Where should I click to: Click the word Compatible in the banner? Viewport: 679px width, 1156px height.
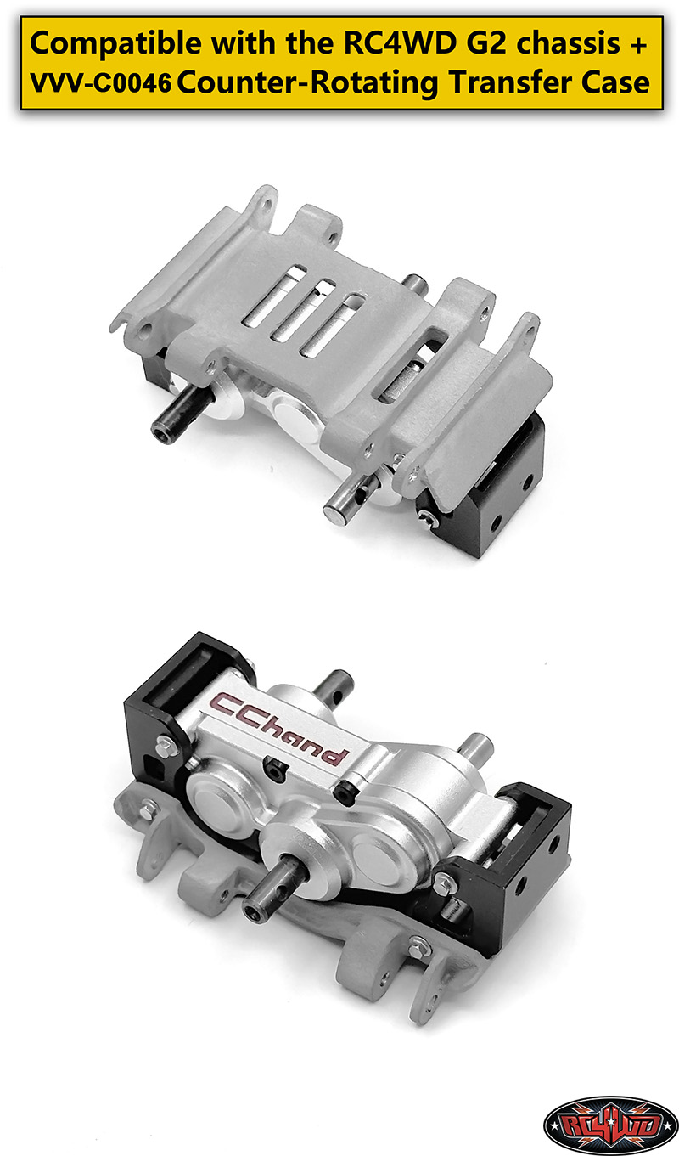(x=115, y=43)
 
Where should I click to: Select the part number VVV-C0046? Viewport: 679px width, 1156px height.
(x=100, y=83)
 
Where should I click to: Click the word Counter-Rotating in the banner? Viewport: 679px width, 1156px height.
(x=308, y=83)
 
